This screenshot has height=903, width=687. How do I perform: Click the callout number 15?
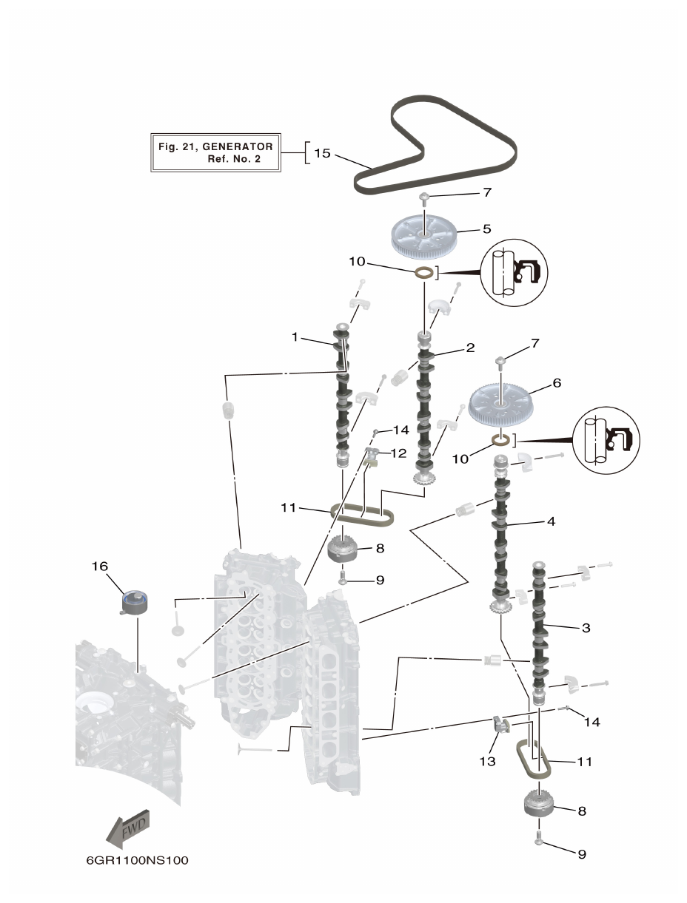(x=322, y=154)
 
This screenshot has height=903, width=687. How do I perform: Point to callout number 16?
(x=100, y=566)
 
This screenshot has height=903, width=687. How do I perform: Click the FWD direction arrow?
(x=128, y=828)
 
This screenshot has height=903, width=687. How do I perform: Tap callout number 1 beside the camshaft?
(x=295, y=337)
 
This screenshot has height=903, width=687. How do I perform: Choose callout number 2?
(x=470, y=347)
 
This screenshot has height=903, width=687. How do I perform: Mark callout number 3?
(x=586, y=628)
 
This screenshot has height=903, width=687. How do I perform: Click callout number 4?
(x=550, y=521)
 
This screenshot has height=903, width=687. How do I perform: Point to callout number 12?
(x=398, y=453)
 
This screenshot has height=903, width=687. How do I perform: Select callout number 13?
(x=487, y=761)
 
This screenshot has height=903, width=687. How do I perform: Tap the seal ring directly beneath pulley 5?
(x=424, y=274)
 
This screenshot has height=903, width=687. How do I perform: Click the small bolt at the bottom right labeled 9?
(x=538, y=840)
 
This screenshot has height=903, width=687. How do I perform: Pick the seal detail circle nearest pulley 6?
(x=606, y=439)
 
